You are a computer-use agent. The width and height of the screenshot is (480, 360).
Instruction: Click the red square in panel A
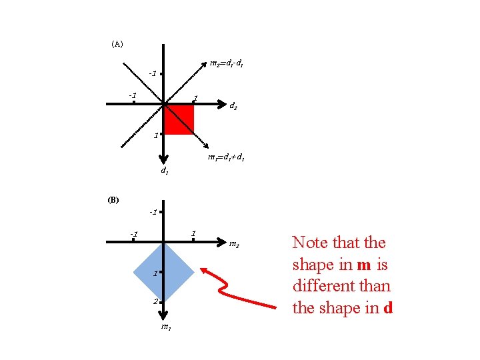[x=179, y=119]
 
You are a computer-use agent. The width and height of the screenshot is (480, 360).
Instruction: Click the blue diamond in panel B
[x=163, y=271]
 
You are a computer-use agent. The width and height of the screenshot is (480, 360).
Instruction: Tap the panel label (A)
[x=117, y=44]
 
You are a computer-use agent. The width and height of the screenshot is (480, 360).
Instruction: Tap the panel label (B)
[x=113, y=199]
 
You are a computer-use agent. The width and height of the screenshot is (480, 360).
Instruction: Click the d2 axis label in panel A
[x=234, y=105]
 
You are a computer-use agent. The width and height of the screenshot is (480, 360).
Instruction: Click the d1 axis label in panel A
[x=164, y=170]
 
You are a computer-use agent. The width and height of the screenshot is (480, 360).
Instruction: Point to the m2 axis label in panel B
[x=234, y=245]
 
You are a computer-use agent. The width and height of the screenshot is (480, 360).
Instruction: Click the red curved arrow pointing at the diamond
[x=237, y=289]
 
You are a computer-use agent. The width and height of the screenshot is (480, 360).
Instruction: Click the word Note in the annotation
[x=310, y=243]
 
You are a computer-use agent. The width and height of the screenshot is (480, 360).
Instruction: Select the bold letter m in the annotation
[x=364, y=265]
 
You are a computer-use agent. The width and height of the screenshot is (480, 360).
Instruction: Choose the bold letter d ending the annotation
[x=387, y=308]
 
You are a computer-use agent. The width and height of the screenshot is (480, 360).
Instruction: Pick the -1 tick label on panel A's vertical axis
[x=153, y=73]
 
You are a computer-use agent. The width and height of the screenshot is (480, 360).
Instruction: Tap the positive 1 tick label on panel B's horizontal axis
[x=193, y=233]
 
